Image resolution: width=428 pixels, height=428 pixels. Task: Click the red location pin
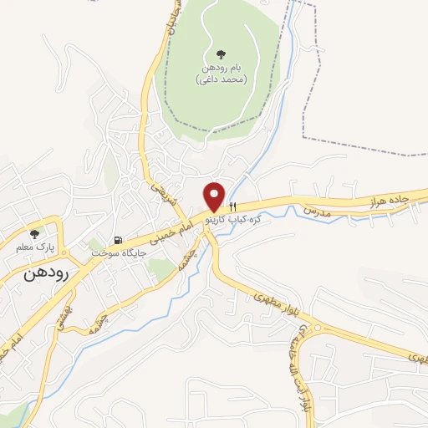coord(215,196)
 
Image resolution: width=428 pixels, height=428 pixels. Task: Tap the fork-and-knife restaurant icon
coord(235,206)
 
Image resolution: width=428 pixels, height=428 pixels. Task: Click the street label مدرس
coord(318,210)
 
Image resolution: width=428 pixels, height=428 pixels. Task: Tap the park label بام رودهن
coord(219,68)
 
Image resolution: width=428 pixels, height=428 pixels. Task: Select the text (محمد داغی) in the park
coord(219,80)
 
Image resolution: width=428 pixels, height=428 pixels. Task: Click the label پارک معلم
coord(34,247)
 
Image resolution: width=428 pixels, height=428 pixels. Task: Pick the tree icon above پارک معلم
coord(34,235)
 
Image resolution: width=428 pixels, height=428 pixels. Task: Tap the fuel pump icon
coord(117,241)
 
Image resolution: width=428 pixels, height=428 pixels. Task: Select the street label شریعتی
coord(160,194)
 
